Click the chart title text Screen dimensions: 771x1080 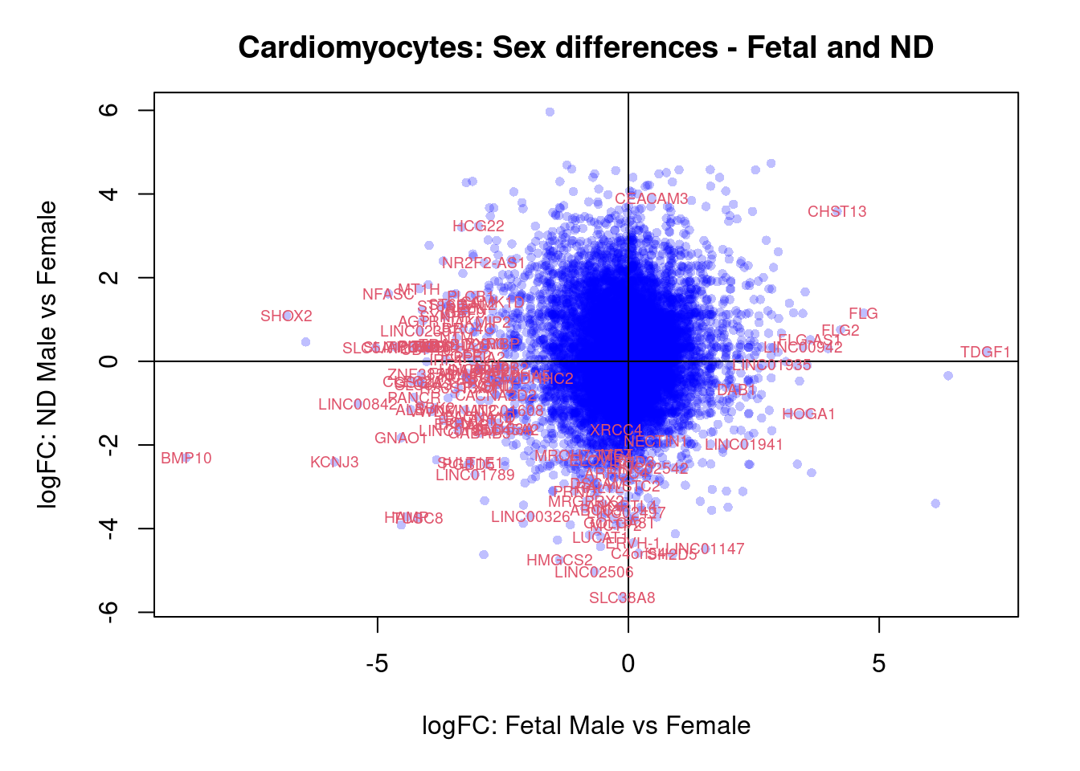[x=586, y=48]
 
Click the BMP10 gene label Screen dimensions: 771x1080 [x=186, y=459]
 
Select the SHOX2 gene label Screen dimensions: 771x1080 [x=286, y=316]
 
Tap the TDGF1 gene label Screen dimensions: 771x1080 [x=985, y=353]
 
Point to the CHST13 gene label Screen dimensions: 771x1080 [x=837, y=212]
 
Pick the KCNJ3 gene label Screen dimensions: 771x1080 [x=334, y=463]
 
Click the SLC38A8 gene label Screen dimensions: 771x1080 [x=622, y=598]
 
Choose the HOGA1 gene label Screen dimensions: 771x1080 [x=808, y=414]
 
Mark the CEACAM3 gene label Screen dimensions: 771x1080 [x=652, y=199]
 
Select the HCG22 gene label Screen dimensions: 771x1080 [x=478, y=226]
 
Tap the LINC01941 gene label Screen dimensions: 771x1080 [x=744, y=445]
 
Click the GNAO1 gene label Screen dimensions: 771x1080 [x=401, y=439]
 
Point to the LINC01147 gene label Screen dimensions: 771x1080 [x=706, y=549]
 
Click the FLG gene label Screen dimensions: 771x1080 [x=863, y=314]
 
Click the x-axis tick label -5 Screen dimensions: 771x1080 [x=377, y=664]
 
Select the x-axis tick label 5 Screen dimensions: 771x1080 [x=879, y=664]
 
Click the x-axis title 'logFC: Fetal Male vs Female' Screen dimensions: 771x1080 [x=586, y=726]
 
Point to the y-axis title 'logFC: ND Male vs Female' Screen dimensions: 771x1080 [x=48, y=354]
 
